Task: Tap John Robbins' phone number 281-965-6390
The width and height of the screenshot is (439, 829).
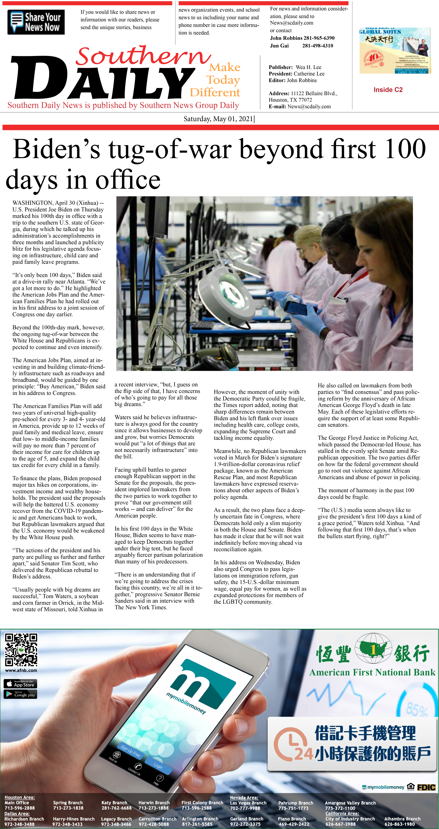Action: point(319,38)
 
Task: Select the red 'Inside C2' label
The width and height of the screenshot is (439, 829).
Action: point(388,90)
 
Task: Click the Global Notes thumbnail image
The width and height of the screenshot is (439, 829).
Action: point(395,51)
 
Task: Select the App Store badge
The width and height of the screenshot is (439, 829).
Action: point(20,684)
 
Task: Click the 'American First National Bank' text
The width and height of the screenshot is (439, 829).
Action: point(372,672)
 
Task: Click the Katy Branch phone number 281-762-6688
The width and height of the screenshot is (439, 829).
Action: point(116,808)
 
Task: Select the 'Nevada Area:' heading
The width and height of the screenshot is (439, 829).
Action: point(244,798)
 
